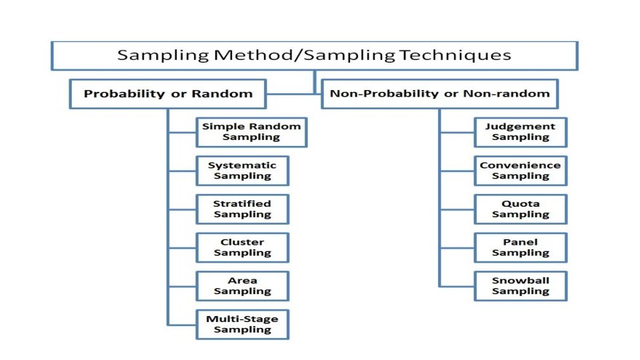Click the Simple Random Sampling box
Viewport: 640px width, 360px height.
251,132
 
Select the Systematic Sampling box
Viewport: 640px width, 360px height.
242,171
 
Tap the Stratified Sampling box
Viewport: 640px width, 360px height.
242,209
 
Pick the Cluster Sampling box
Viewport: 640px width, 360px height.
242,247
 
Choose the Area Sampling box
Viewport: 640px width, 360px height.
242,286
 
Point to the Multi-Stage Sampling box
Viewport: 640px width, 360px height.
242,324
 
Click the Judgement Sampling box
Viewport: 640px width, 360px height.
520,132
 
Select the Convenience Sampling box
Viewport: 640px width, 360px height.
520,171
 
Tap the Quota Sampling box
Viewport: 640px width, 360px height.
520,209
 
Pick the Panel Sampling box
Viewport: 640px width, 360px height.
520,247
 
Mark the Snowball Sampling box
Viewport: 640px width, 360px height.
520,286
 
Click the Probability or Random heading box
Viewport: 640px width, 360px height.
168,94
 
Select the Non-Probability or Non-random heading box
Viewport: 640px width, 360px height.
440,94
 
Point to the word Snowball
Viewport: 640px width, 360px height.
520,281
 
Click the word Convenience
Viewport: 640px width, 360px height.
520,165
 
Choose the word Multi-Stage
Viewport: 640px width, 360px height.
242,319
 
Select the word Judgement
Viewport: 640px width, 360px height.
520,127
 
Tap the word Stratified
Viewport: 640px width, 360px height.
242,204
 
